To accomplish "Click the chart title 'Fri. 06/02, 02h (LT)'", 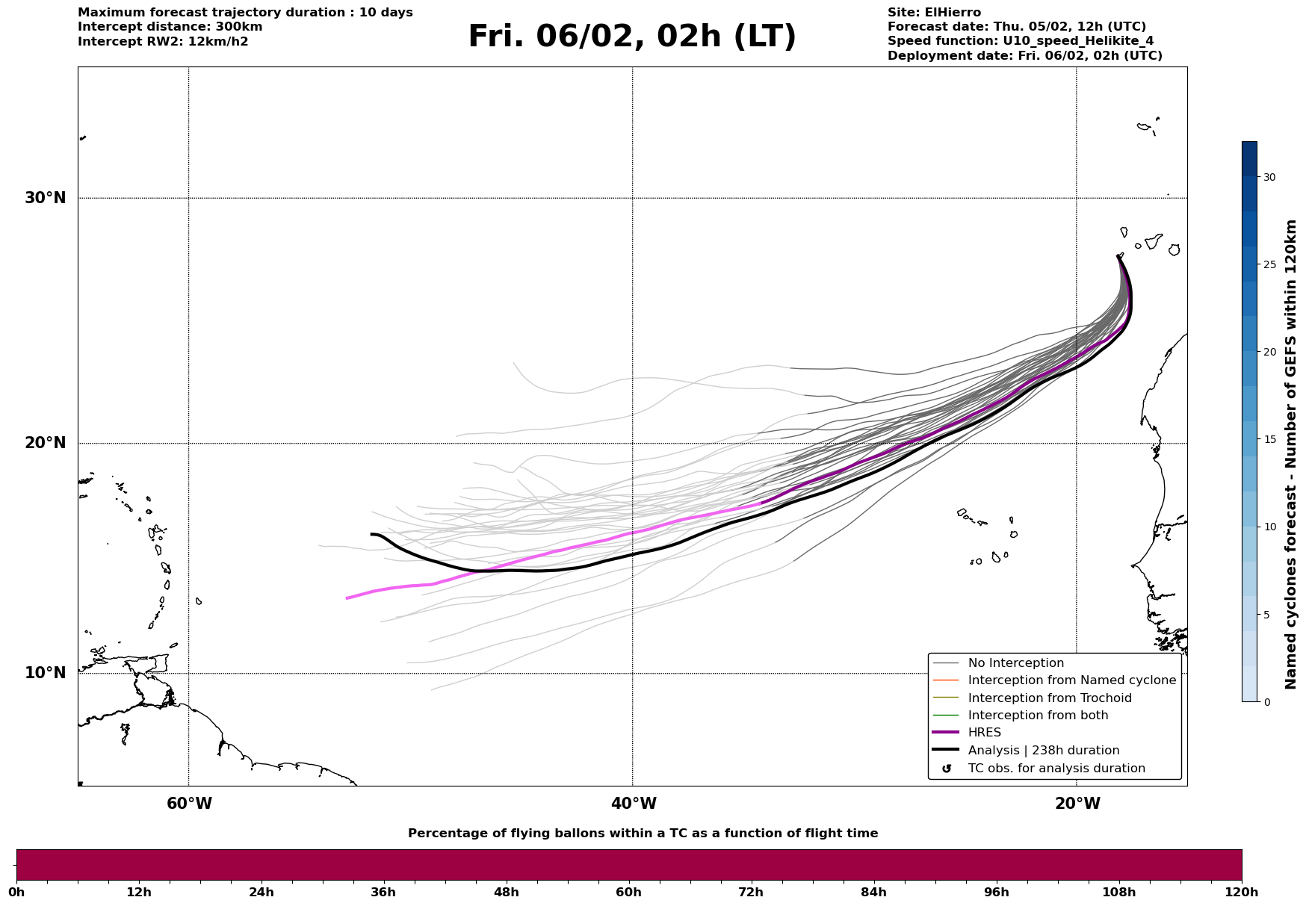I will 632,37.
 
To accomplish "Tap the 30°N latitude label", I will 46,198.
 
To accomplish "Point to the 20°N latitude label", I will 46,443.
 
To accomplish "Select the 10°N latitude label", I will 46,673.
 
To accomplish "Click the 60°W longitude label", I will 189,804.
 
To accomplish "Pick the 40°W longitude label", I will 634,804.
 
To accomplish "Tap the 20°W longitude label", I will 1077,804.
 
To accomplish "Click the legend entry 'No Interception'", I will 1015,663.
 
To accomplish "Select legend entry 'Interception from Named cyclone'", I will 1071,680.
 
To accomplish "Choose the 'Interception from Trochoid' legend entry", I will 1049,698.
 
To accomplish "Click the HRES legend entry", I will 984,733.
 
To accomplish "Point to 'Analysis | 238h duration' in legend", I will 1043,751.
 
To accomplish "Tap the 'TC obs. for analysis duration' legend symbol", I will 947,769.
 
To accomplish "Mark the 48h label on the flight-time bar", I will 506,893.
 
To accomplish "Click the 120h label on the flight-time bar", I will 1241,893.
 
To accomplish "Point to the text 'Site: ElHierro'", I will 934,13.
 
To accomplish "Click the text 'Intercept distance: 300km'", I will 170,27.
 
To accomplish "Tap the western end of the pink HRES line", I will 347,598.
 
